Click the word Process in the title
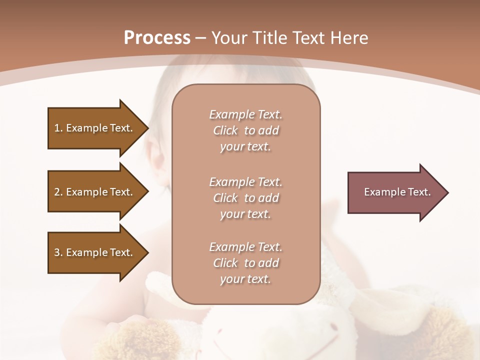click(x=157, y=38)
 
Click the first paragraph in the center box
click(x=245, y=130)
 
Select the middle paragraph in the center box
click(x=245, y=198)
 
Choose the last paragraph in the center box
click(x=245, y=263)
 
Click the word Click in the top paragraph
click(x=225, y=131)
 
